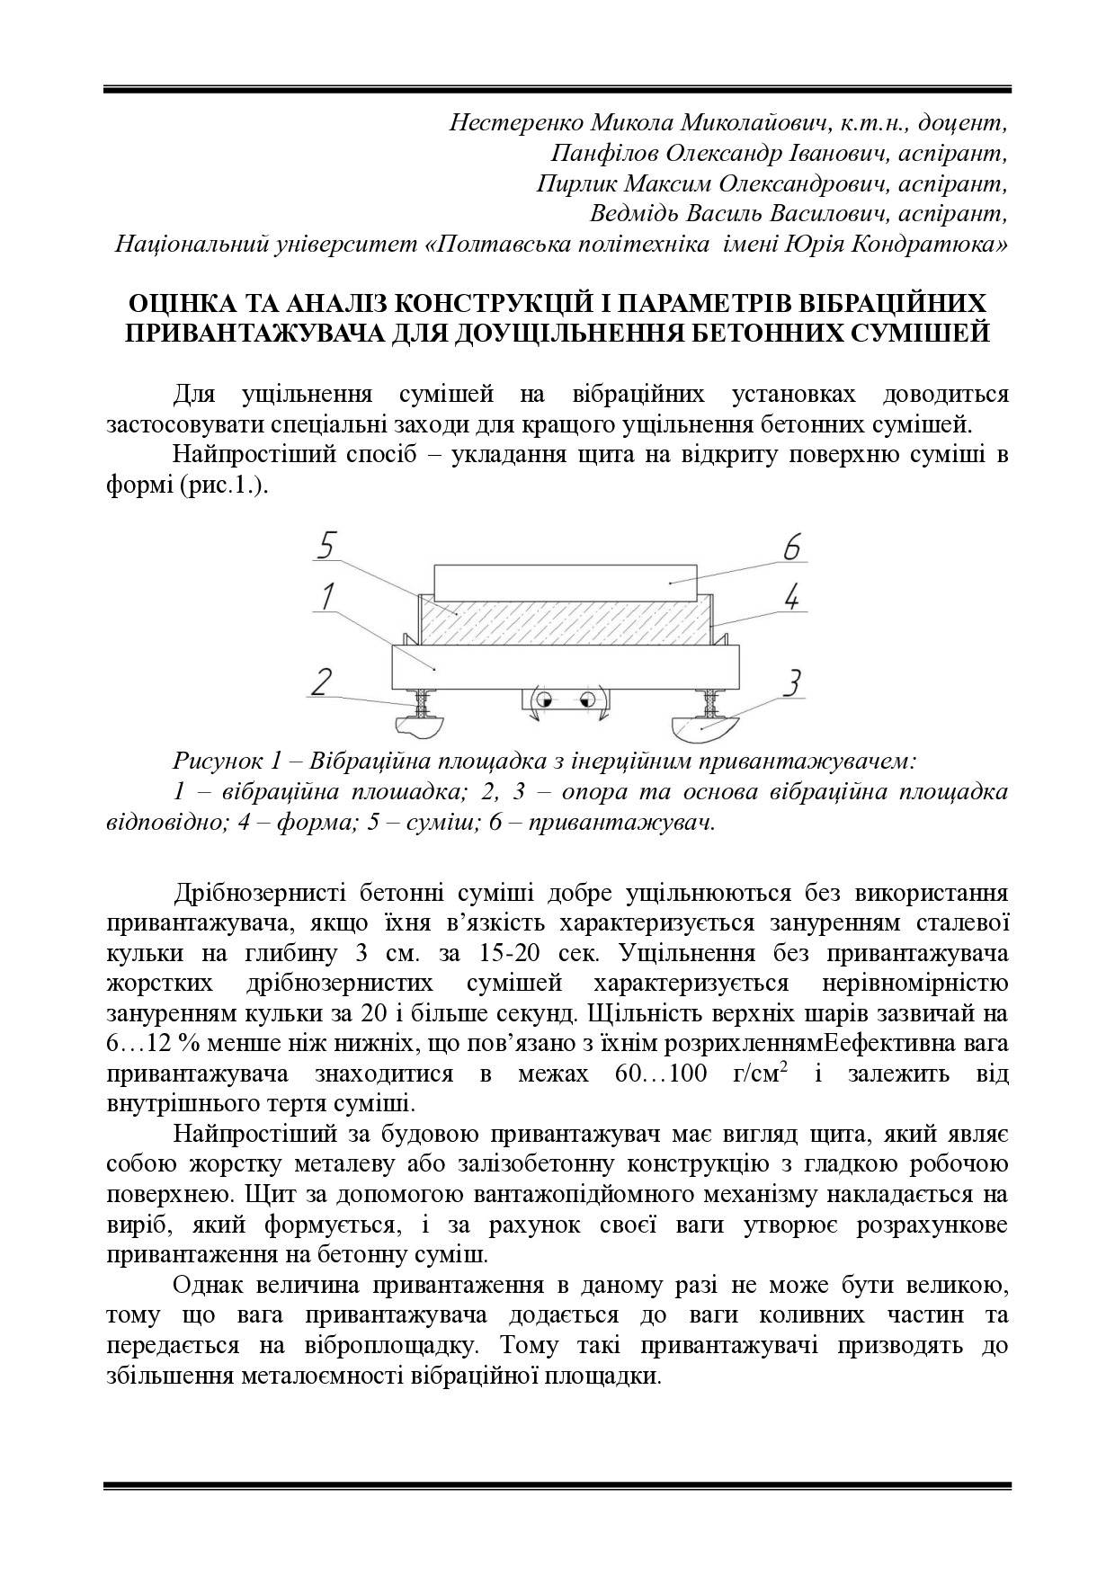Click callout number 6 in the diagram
pos(791,548)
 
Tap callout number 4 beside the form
pos(791,596)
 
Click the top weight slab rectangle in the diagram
pos(565,583)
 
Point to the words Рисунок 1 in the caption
pos(228,762)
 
